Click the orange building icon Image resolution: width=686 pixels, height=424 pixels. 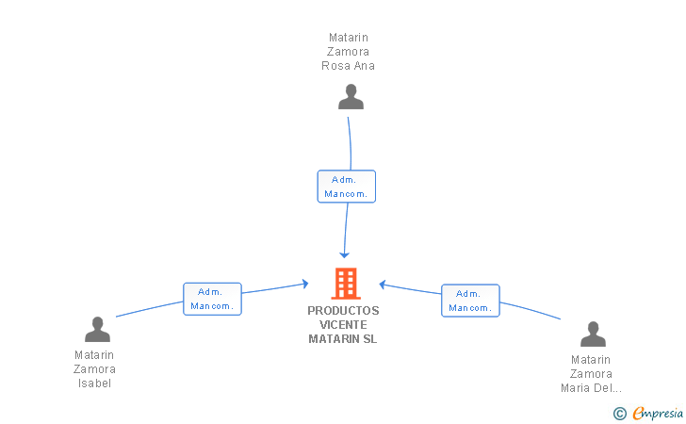tap(346, 283)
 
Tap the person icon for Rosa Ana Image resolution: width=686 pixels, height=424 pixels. tap(351, 97)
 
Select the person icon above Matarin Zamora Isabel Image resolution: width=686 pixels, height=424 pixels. tap(97, 329)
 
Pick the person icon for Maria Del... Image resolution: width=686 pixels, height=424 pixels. tap(593, 334)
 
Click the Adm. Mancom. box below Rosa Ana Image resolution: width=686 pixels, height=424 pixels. tap(347, 187)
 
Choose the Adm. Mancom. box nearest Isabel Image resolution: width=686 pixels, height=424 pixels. tap(212, 299)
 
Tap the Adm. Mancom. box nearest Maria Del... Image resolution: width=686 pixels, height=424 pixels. tap(470, 301)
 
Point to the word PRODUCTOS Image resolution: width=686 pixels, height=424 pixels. tap(343, 311)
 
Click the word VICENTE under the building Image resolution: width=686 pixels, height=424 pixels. tap(343, 325)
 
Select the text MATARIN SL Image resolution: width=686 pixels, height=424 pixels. tap(343, 338)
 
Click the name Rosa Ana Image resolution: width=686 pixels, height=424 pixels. tap(349, 66)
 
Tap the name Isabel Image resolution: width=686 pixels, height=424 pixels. tap(94, 383)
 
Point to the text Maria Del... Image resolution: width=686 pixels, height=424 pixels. tap(591, 388)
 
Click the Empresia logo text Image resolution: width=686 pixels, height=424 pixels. tap(658, 413)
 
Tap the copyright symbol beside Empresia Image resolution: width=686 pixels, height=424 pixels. tap(620, 414)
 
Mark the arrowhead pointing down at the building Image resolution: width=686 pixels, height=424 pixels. tap(344, 254)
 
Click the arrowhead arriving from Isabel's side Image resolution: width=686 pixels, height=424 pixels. tap(305, 284)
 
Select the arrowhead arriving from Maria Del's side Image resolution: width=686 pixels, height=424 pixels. tap(383, 285)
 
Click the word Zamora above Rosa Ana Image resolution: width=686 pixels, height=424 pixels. tap(349, 52)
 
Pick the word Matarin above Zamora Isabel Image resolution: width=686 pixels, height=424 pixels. tap(94, 355)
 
